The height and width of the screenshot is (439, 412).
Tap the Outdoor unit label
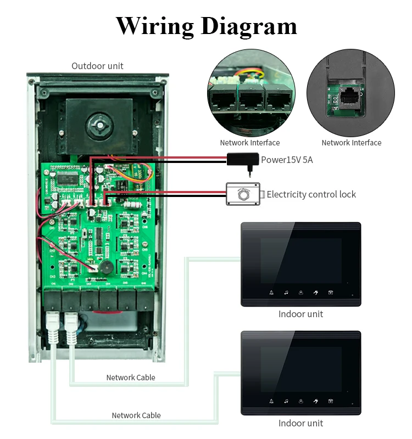(x=97, y=66)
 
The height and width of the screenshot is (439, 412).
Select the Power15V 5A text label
(x=287, y=160)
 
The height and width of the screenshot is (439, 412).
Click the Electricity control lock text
(x=311, y=194)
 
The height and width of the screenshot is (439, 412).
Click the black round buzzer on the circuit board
(x=106, y=267)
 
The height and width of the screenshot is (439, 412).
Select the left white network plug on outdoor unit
(x=53, y=327)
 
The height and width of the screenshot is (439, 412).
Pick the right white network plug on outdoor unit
(x=71, y=328)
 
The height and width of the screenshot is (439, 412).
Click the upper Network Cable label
(x=131, y=378)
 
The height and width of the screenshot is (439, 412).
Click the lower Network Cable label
(x=136, y=415)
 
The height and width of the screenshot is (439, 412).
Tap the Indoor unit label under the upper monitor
(x=300, y=314)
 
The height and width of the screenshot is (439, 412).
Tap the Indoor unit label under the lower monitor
(x=300, y=423)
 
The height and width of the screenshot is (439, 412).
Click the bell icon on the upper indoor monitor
(x=271, y=293)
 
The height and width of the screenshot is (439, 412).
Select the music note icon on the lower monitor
(x=286, y=402)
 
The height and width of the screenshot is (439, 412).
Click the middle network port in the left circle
(x=252, y=98)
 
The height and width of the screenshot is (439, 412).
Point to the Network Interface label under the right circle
(x=352, y=143)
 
